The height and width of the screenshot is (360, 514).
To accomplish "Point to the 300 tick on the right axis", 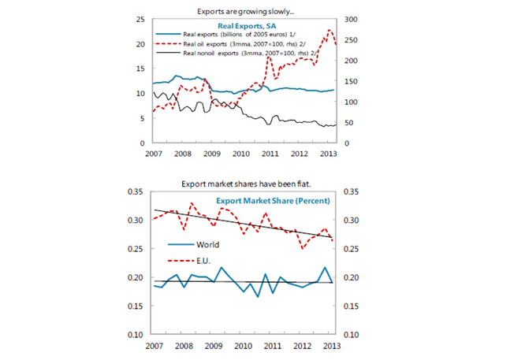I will (352, 19).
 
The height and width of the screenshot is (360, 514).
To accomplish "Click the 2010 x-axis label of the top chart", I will (240, 153).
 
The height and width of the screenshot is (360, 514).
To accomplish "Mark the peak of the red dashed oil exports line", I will (330, 30).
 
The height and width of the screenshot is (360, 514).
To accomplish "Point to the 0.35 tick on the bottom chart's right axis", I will (356, 191).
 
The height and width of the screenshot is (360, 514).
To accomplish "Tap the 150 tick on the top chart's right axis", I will (352, 81).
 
